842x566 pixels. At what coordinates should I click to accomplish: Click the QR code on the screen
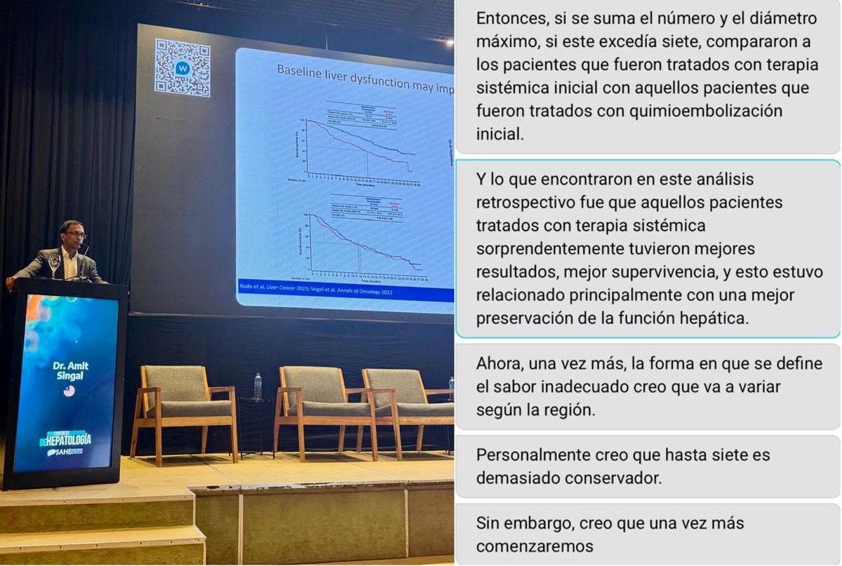click(182, 68)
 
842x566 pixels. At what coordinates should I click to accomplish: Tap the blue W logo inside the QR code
click(182, 68)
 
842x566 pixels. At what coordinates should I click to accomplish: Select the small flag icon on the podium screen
click(69, 391)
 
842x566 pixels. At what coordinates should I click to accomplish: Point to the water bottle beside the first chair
click(258, 386)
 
